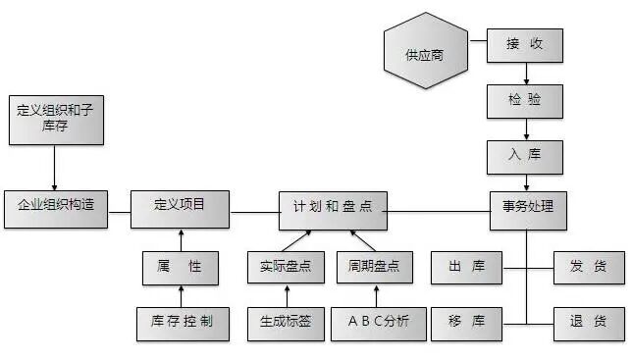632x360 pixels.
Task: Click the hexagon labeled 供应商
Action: point(424,50)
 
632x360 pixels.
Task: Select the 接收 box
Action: point(526,44)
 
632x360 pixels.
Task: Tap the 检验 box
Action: point(526,100)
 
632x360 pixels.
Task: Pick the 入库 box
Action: point(526,154)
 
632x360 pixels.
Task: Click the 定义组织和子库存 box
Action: point(54,119)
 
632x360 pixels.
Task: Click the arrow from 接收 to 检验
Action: point(527,74)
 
